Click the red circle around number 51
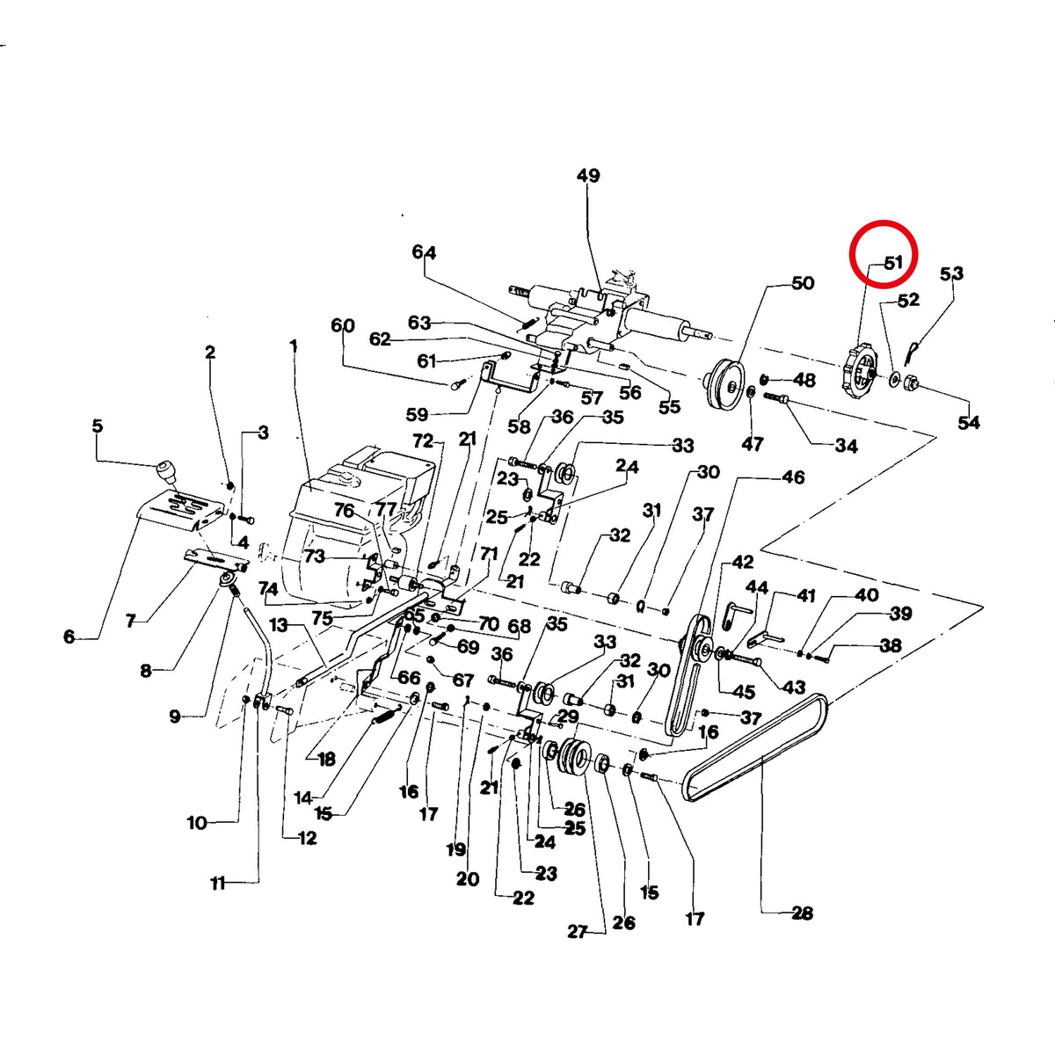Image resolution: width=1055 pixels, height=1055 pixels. pyautogui.click(x=883, y=222)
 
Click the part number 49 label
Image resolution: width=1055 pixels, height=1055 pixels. pyautogui.click(x=588, y=176)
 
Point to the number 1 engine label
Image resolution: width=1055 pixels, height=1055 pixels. pyautogui.click(x=294, y=346)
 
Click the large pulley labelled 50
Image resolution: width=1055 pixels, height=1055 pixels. pyautogui.click(x=724, y=389)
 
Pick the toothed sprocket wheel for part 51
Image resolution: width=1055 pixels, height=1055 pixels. pyautogui.click(x=857, y=372)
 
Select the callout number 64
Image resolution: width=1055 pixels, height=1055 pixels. pyautogui.click(x=424, y=252)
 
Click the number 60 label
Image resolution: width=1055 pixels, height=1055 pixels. pyautogui.click(x=343, y=325)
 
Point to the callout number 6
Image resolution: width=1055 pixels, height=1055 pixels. pyautogui.click(x=69, y=637)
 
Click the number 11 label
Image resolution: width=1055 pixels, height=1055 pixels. pyautogui.click(x=218, y=884)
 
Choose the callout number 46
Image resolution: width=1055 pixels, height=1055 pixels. pyautogui.click(x=793, y=477)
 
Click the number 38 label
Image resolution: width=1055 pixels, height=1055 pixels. pyautogui.click(x=890, y=645)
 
